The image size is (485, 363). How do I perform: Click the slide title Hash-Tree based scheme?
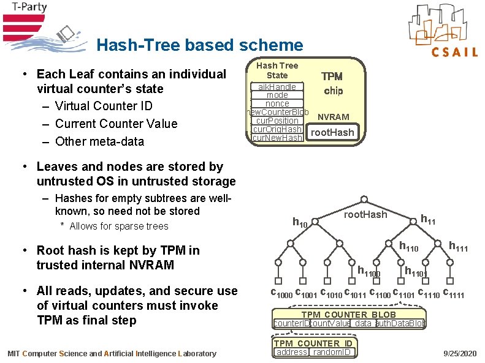click(x=199, y=45)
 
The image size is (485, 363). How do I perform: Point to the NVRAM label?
click(x=333, y=117)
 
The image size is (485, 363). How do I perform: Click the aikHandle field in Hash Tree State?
click(x=277, y=87)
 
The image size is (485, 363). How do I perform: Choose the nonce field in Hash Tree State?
click(x=277, y=103)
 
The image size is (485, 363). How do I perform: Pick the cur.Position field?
click(x=277, y=121)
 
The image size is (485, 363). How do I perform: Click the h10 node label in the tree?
click(x=300, y=223)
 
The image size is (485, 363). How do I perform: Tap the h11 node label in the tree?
click(x=428, y=219)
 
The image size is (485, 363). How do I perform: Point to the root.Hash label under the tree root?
click(x=365, y=214)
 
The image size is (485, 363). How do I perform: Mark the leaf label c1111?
click(x=453, y=294)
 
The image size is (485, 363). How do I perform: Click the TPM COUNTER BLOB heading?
click(x=348, y=315)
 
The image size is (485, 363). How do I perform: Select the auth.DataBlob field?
click(x=399, y=323)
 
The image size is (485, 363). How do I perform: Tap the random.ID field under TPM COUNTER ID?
click(x=331, y=352)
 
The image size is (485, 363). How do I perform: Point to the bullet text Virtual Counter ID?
click(x=104, y=106)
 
